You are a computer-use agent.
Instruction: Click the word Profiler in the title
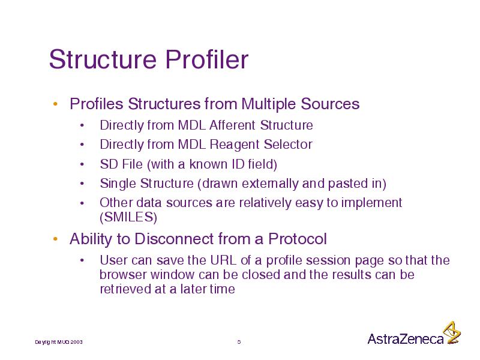point(207,59)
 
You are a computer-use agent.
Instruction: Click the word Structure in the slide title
point(103,59)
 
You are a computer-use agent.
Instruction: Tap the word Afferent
point(232,125)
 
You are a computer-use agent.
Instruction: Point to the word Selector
point(288,144)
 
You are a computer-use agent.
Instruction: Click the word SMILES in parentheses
point(128,217)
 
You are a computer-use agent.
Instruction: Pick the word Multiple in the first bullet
point(268,104)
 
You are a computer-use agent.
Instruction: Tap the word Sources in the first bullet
point(330,104)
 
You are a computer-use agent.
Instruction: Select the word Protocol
point(298,239)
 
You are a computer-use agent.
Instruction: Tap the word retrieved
point(125,289)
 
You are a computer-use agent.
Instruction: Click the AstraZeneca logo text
point(406,339)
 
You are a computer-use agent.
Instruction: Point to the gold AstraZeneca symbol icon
point(452,333)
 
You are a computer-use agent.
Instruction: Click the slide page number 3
point(239,342)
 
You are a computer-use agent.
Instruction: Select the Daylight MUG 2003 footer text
point(59,342)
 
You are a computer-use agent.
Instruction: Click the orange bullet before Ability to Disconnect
point(55,239)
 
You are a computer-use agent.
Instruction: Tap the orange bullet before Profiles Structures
point(55,104)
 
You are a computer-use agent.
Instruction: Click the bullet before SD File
point(82,164)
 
